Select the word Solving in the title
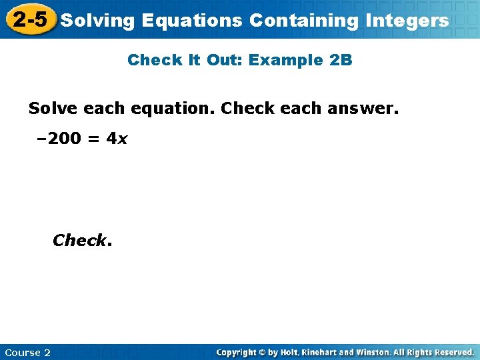[x=97, y=20]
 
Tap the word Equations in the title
[x=192, y=20]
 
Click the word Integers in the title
[x=407, y=20]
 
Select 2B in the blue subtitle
[x=341, y=60]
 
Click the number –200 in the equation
[x=59, y=139]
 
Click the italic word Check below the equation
[x=79, y=240]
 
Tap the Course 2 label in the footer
[x=27, y=352]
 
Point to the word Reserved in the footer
[x=452, y=352]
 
